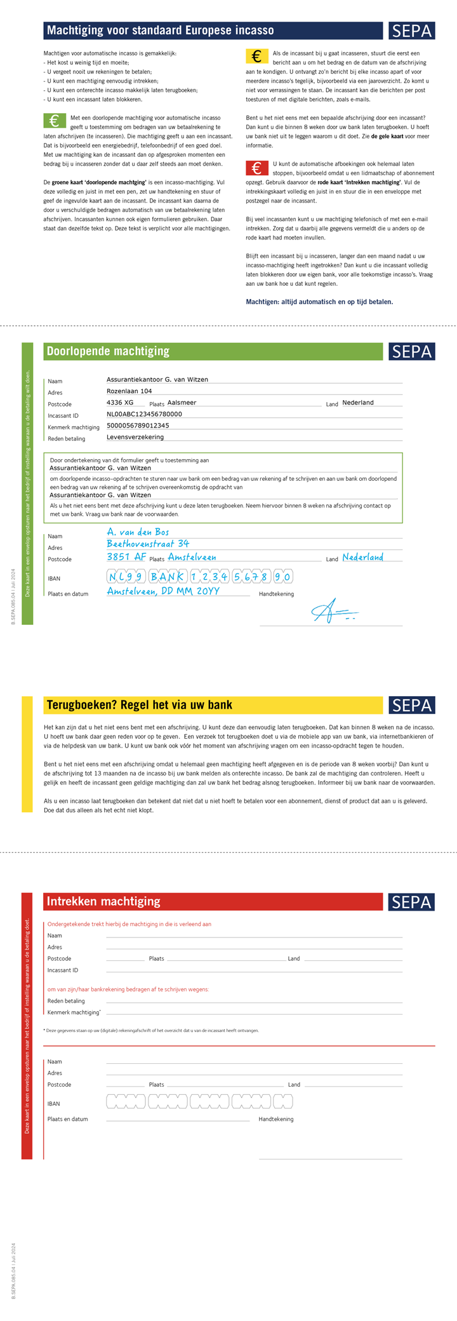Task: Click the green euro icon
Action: tap(55, 121)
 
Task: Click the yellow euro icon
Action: tap(256, 57)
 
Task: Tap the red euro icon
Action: tap(256, 168)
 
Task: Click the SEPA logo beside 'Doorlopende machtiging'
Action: tap(411, 351)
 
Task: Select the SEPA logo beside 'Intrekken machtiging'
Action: tap(411, 901)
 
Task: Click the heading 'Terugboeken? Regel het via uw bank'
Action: tap(140, 705)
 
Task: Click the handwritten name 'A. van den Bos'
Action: tap(138, 532)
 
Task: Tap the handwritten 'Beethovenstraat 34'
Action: tap(148, 544)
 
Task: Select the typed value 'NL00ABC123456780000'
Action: tap(144, 414)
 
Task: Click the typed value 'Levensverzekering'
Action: tap(135, 437)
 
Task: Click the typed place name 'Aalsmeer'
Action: tap(182, 403)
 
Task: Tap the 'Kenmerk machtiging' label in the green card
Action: tap(74, 427)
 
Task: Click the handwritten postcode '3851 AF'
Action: tap(126, 556)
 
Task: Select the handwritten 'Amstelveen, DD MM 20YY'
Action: tap(163, 591)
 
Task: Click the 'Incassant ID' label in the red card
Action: tap(63, 970)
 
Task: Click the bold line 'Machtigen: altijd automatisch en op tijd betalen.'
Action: tap(319, 302)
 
